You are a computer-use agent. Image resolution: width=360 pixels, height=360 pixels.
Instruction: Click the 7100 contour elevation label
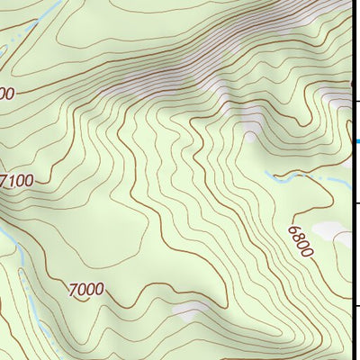[17, 181]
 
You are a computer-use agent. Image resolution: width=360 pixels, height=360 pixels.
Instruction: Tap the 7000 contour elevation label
[85, 289]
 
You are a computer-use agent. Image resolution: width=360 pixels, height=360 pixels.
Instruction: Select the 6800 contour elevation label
[301, 241]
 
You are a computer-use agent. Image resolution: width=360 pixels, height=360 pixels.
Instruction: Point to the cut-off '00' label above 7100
[7, 94]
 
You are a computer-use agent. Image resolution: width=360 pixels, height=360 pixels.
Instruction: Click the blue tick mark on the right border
[357, 141]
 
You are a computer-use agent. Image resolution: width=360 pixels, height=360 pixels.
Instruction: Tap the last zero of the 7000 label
[99, 290]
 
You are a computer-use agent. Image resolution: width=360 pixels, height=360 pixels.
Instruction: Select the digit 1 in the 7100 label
[12, 181]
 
